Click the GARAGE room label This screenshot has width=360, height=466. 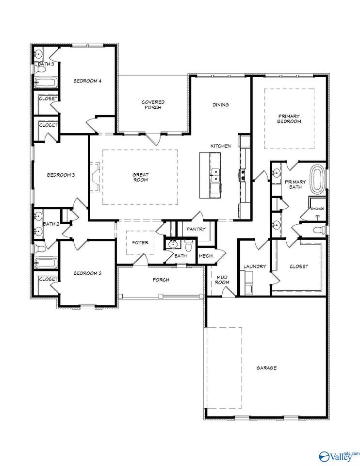click(x=266, y=368)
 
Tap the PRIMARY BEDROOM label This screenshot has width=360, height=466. click(x=289, y=118)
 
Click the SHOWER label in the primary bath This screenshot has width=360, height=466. click(x=318, y=209)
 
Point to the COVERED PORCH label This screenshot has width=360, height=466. click(x=153, y=104)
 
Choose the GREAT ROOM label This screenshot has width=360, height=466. click(x=140, y=177)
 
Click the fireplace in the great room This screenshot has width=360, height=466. click(x=97, y=177)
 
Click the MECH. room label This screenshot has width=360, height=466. click(x=206, y=256)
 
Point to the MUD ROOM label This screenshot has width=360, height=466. click(x=222, y=279)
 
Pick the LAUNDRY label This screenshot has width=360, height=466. click(x=254, y=266)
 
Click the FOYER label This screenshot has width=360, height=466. click(x=140, y=243)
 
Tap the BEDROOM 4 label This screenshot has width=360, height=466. click(x=87, y=81)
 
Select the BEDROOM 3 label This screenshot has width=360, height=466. click(x=61, y=175)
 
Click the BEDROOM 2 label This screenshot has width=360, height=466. click(x=87, y=273)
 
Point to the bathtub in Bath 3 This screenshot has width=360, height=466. click(x=47, y=83)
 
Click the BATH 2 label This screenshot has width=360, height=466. click(x=50, y=224)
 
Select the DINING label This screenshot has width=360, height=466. click(x=220, y=105)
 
